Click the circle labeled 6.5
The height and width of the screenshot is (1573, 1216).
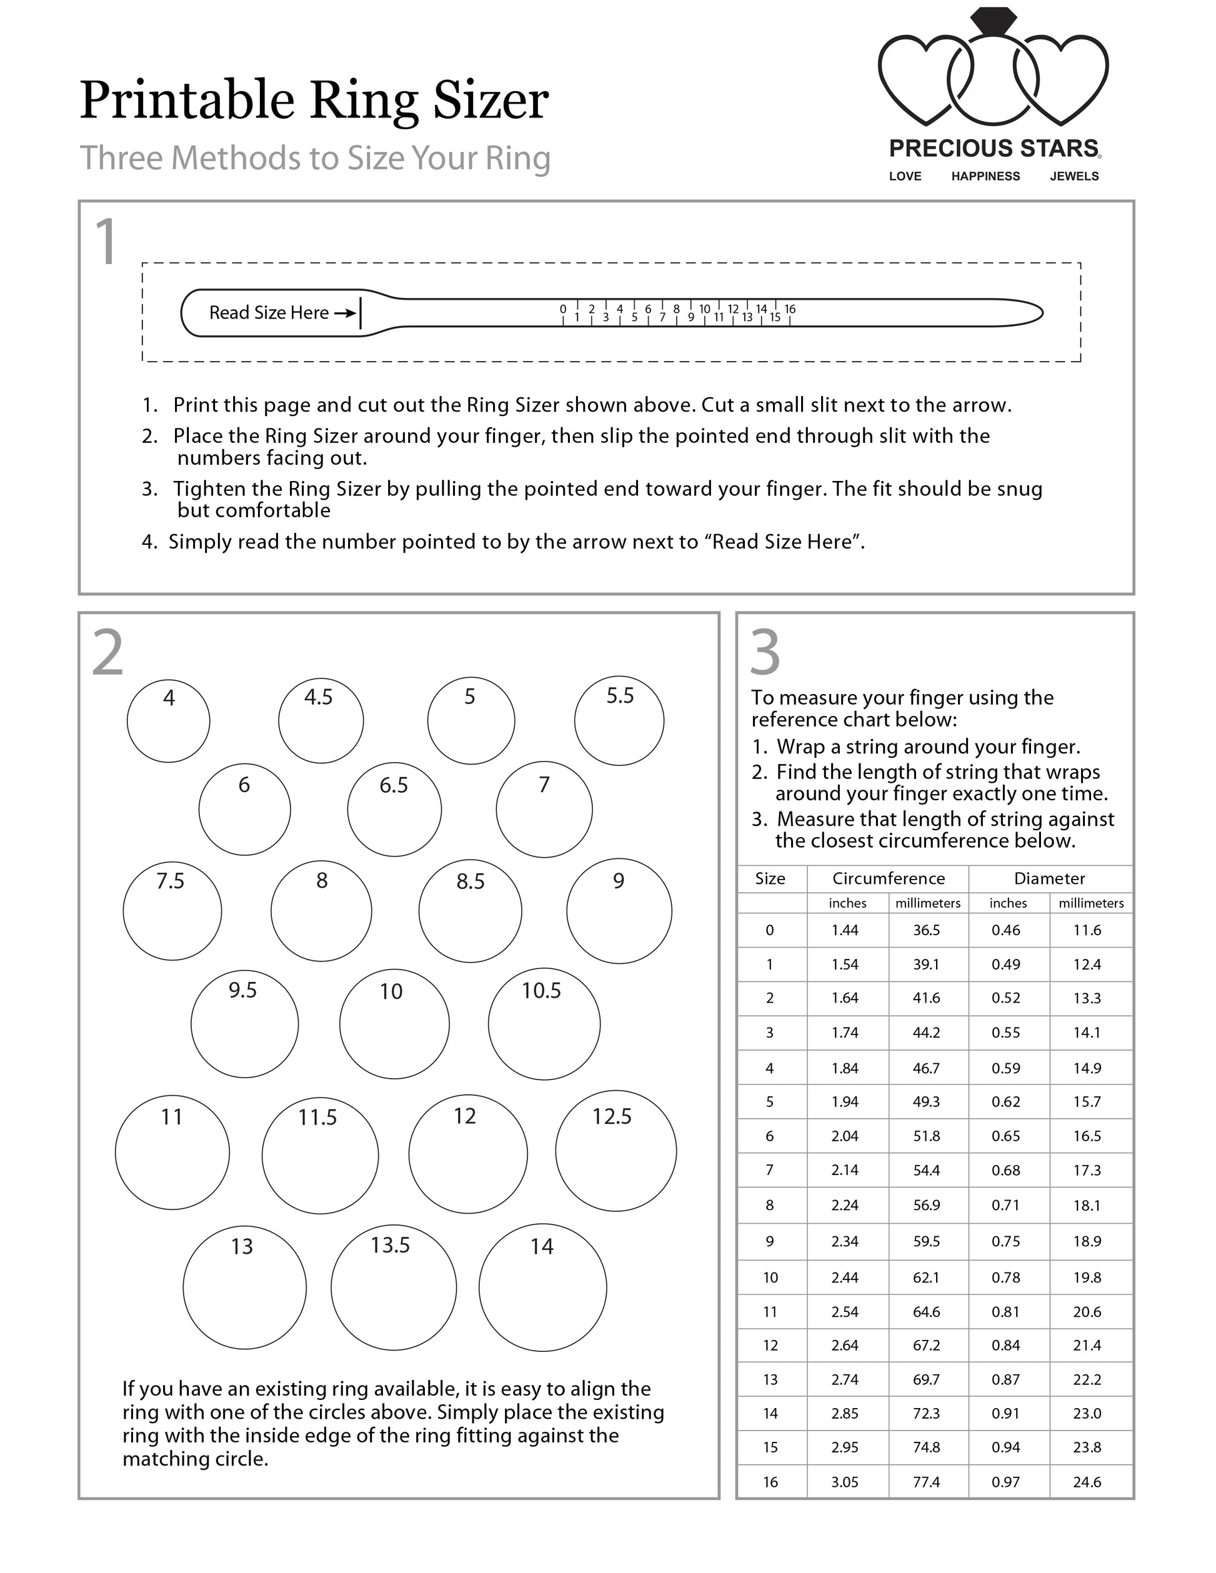pos(394,809)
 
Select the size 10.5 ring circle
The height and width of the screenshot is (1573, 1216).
pos(544,1023)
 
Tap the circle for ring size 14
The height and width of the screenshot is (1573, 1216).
pos(542,1288)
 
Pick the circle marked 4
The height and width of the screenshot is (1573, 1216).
pos(169,721)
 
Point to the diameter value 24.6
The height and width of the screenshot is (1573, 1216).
pos(1087,1482)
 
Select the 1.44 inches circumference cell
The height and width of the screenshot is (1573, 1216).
pos(845,930)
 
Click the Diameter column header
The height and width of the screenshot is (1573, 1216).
pos(1050,878)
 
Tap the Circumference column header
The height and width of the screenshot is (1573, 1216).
pos(888,878)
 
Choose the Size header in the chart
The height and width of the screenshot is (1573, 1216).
pos(770,878)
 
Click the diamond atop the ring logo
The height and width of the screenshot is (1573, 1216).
pos(993,21)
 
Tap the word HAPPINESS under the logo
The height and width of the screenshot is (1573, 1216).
pos(985,176)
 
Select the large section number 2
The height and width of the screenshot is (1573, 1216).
pos(108,653)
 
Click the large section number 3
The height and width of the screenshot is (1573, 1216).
pos(765,653)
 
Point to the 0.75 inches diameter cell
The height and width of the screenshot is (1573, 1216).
pos(1005,1241)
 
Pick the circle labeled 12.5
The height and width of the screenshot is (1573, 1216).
pos(616,1150)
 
